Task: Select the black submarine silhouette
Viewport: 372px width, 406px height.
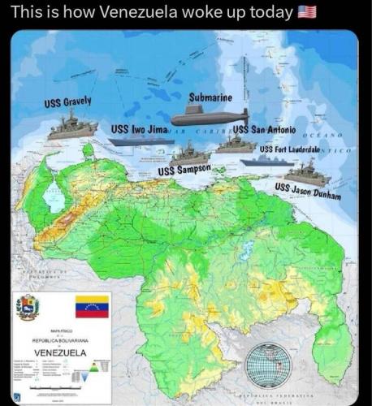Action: tap(209, 116)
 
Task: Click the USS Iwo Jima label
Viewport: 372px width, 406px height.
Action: tap(139, 129)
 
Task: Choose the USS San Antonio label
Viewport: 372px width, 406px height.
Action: tap(264, 130)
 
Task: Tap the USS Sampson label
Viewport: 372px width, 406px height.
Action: tap(184, 170)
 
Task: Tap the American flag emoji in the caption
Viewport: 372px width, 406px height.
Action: tap(307, 12)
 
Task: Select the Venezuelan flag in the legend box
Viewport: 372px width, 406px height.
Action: tap(91, 307)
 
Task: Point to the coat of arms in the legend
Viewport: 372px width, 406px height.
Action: tap(28, 308)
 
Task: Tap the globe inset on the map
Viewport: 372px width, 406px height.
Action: tap(268, 365)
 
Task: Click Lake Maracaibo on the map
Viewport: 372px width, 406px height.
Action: tap(54, 197)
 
